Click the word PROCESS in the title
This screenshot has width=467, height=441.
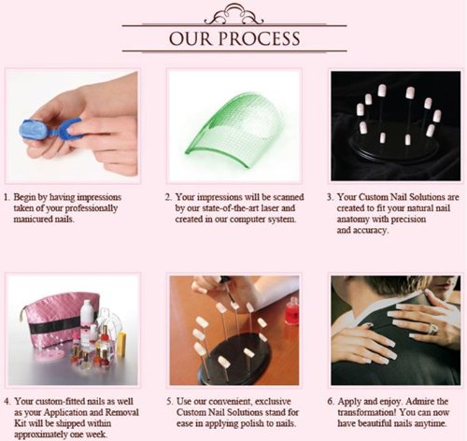[x=259, y=38]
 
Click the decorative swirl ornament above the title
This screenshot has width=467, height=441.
[x=233, y=14]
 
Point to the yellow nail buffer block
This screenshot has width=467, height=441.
[x=121, y=344]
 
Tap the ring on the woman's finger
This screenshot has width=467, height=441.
[x=433, y=329]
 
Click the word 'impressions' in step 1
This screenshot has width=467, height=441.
[x=99, y=197]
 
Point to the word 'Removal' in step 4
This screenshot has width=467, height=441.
[x=122, y=412]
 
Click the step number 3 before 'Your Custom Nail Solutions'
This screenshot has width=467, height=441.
[x=329, y=197]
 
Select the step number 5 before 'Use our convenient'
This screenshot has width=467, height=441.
[x=169, y=402]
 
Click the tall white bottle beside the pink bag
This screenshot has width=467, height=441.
[x=86, y=320]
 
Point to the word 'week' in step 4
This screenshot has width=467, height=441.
[x=96, y=434]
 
